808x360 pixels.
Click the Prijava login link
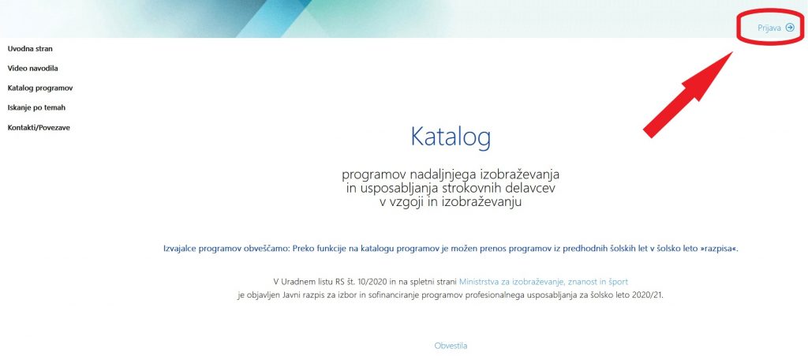coord(769,28)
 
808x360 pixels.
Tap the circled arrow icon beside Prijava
coord(790,28)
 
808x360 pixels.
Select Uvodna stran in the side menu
coord(30,49)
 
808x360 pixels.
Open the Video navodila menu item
coord(32,68)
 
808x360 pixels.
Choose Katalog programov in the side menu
coord(40,88)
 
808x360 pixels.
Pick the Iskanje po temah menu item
coord(36,108)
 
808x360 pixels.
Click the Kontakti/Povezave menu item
coord(39,127)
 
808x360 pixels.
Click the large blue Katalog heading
coord(451,137)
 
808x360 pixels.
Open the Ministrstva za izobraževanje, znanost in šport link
coord(544,282)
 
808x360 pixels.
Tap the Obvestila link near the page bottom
coord(451,346)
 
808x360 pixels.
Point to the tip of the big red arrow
coord(732,52)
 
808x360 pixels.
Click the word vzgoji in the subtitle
coord(407,202)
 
